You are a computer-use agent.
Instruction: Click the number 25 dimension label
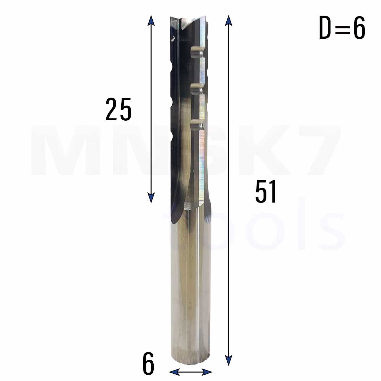(x=118, y=109)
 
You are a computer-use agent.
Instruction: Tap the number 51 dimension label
(x=265, y=191)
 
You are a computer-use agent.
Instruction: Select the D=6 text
(x=342, y=28)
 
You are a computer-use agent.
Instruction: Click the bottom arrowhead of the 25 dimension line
(x=151, y=198)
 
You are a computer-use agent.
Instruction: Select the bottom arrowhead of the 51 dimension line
(x=229, y=360)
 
